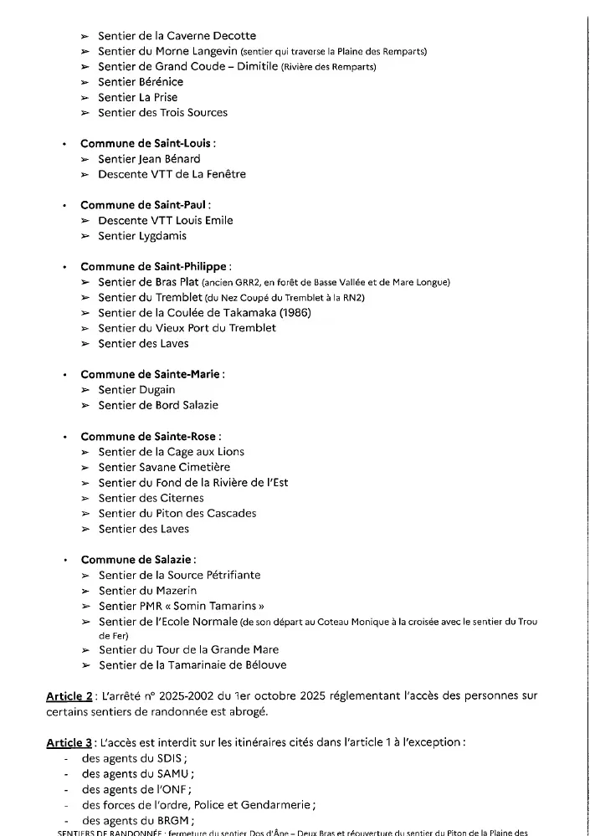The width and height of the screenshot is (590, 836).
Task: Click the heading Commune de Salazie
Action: click(x=138, y=559)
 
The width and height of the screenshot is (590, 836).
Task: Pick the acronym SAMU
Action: click(x=172, y=773)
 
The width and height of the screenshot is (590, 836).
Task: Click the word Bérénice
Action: click(x=160, y=82)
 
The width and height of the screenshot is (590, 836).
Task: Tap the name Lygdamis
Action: click(x=160, y=236)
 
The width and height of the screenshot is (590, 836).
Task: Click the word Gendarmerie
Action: click(x=276, y=805)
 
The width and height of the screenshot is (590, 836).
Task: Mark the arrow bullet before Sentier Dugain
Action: click(x=85, y=390)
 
